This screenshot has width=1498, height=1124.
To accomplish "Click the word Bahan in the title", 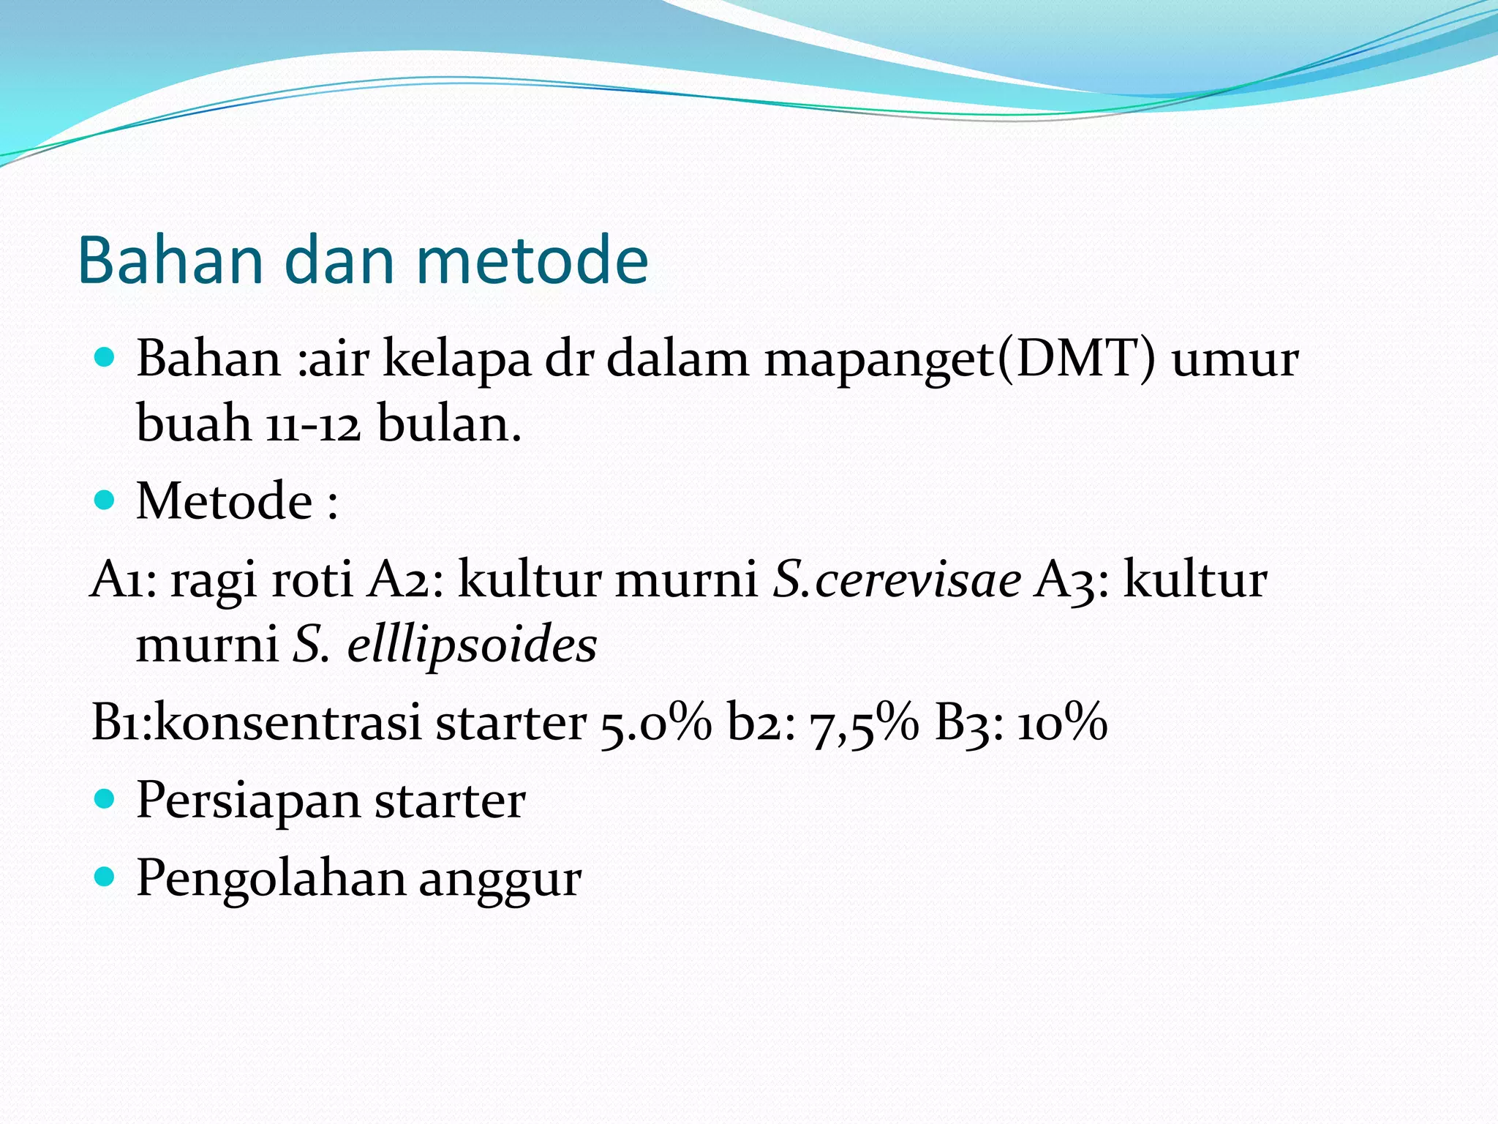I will [x=170, y=261].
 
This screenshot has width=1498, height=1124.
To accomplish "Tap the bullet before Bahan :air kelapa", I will [x=105, y=358].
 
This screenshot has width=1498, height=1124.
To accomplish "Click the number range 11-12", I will [x=313, y=425].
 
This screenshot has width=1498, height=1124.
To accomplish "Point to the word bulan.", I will [x=448, y=424].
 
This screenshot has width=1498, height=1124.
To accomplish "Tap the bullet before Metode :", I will [x=105, y=500].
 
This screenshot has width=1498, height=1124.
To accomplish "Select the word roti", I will [x=312, y=580].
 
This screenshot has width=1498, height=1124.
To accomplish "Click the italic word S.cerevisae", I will [x=897, y=580].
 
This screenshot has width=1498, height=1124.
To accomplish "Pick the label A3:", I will [x=1072, y=580].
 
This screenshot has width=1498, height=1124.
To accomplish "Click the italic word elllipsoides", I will [x=472, y=645].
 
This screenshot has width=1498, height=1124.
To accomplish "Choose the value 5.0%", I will [x=655, y=723].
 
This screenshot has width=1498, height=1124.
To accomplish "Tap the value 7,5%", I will [x=863, y=723].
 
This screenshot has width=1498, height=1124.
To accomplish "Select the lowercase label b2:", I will [x=761, y=723].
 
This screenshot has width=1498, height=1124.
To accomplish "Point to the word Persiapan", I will [x=248, y=801].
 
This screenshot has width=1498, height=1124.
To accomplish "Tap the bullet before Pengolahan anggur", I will [x=105, y=876].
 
